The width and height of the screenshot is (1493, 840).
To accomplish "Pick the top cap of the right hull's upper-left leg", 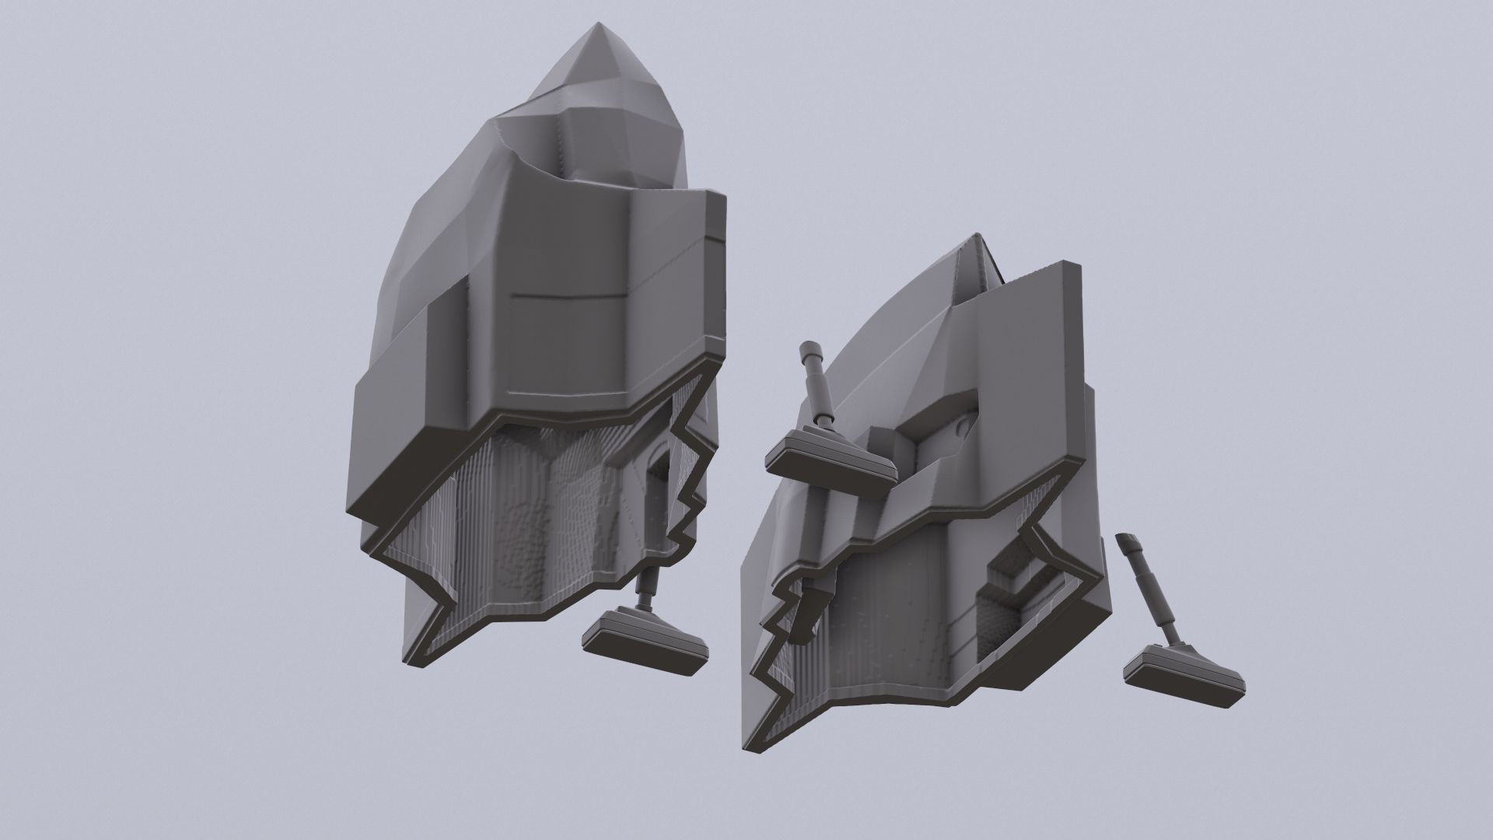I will [x=808, y=348].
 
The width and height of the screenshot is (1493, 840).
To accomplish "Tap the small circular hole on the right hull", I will [x=964, y=426].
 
